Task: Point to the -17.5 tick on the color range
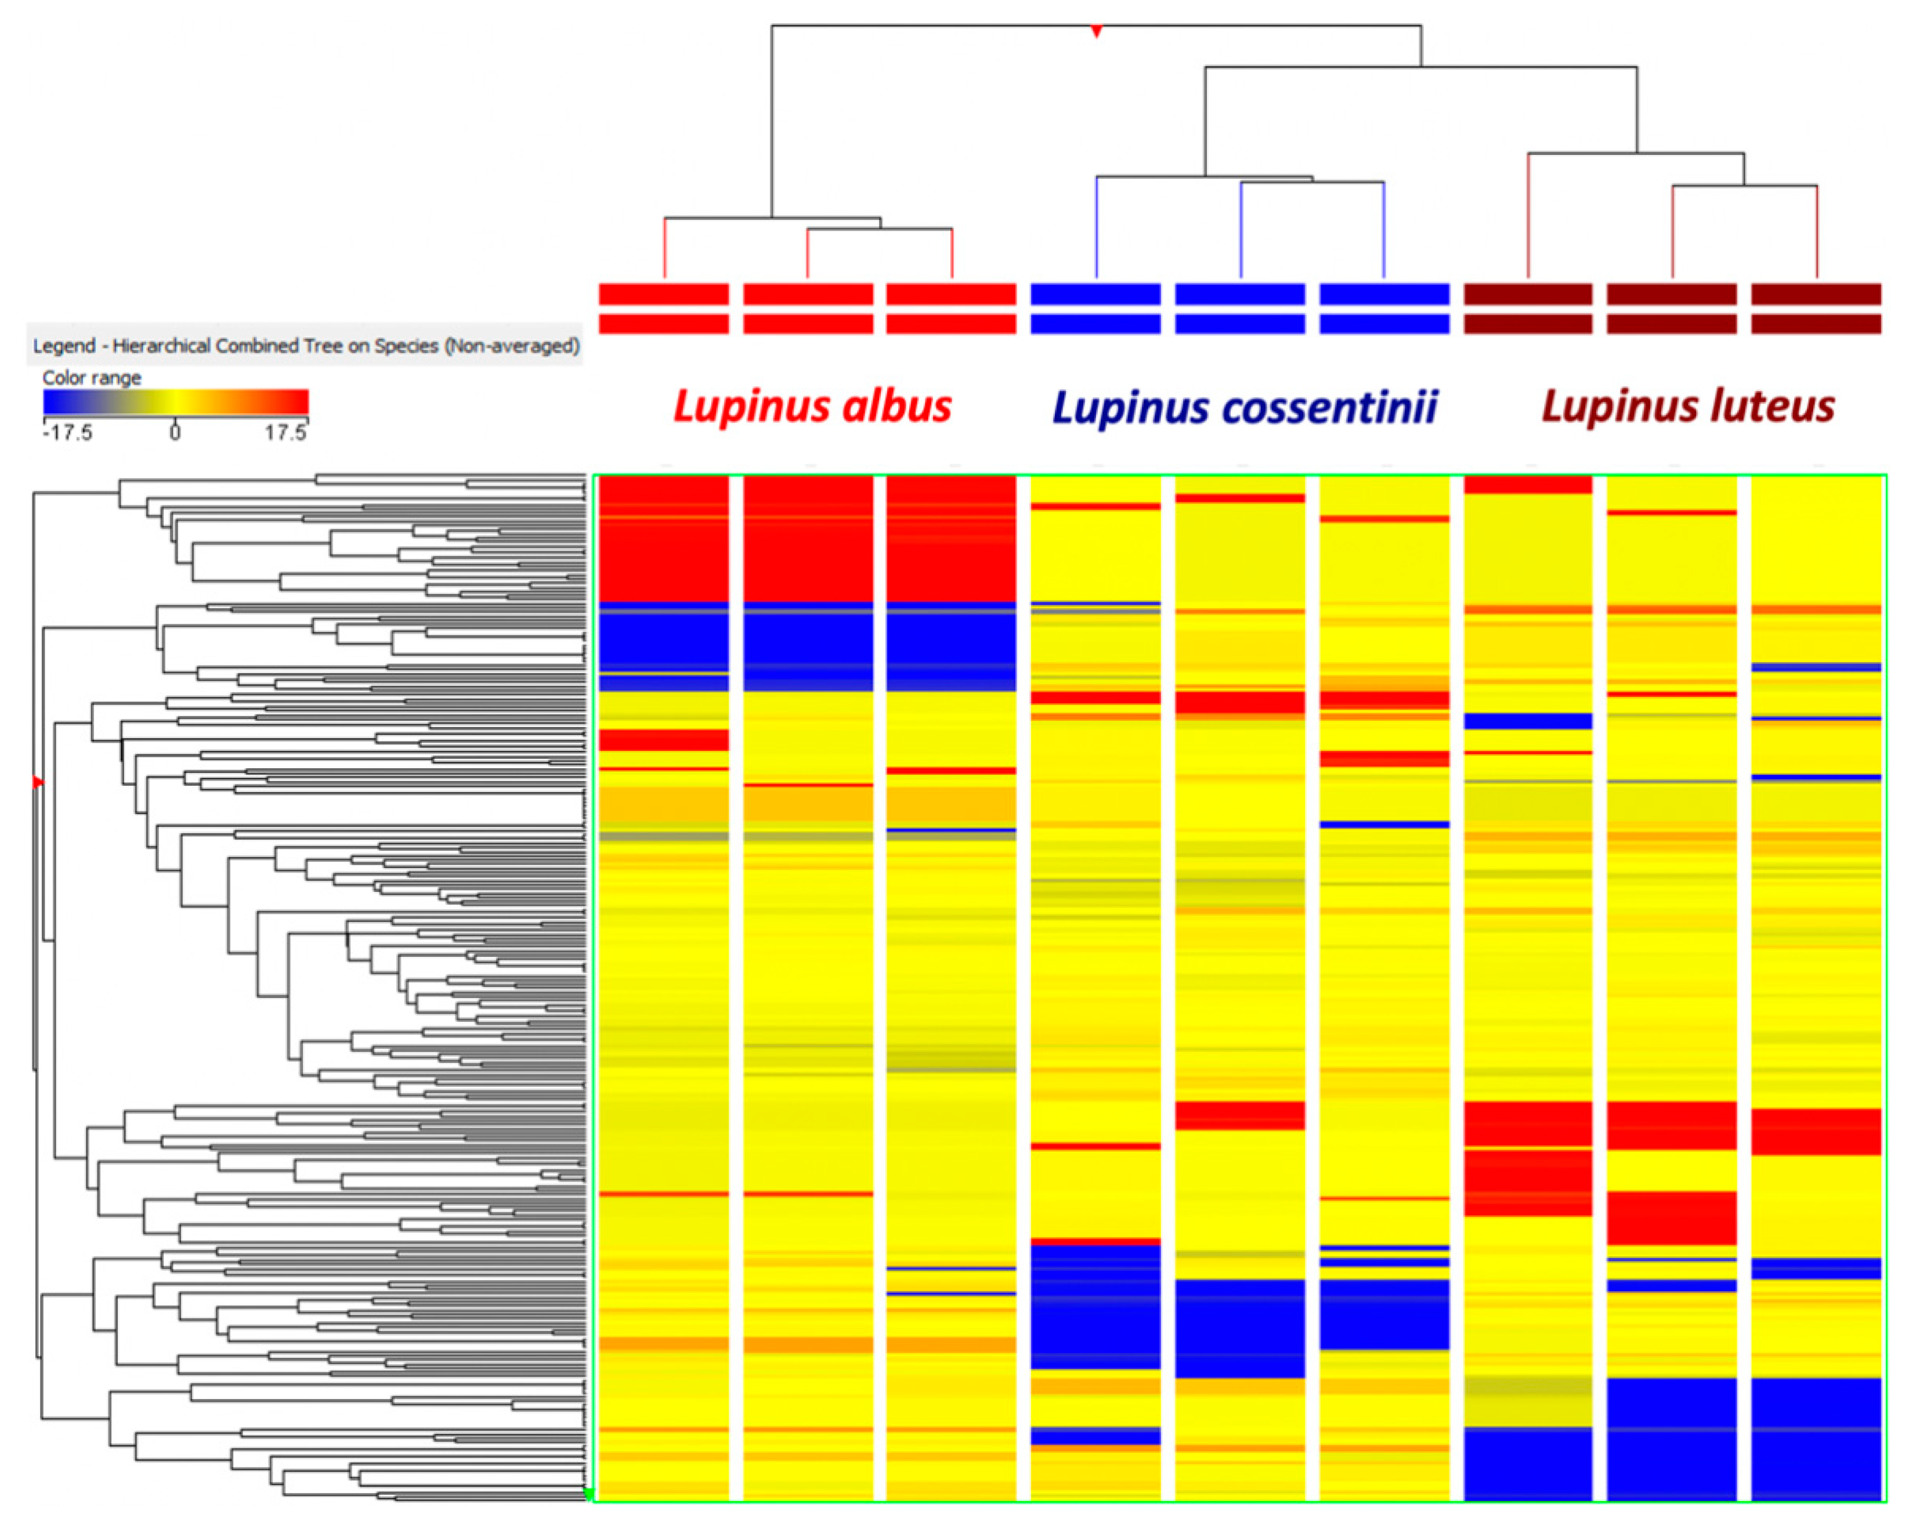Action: [x=67, y=432]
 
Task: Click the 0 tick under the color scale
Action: [x=175, y=432]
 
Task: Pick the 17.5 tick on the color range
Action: [x=285, y=432]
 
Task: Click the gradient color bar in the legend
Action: [x=175, y=403]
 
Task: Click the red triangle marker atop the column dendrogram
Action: [x=1096, y=32]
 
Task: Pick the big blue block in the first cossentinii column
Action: [x=1095, y=1306]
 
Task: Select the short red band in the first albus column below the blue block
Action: [x=663, y=739]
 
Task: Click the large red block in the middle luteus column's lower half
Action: [x=1672, y=1217]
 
